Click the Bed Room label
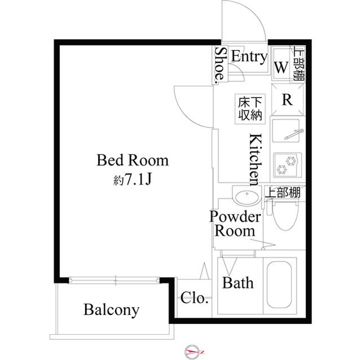click(133, 161)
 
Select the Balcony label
click(112, 310)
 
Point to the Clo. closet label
click(195, 297)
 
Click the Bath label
click(237, 283)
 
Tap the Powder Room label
click(235, 223)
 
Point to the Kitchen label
click(254, 159)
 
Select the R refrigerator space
click(287, 100)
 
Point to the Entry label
click(249, 56)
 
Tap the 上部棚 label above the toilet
click(283, 193)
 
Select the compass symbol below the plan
click(192, 351)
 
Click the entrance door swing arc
click(252, 23)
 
